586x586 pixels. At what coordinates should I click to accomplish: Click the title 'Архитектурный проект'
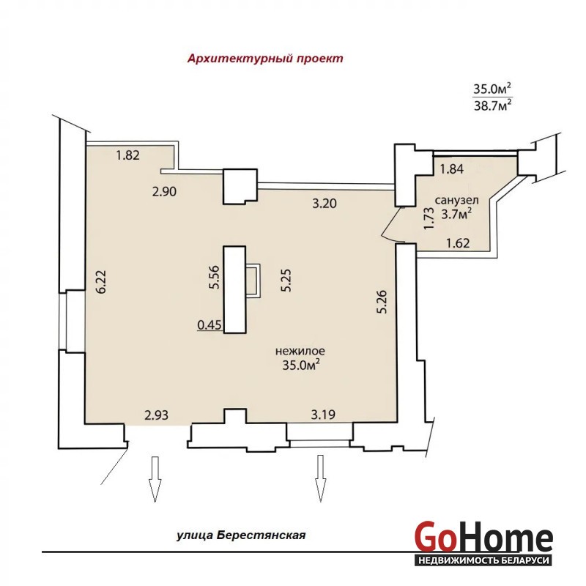265,59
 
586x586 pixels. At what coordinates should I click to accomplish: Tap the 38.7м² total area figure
492,105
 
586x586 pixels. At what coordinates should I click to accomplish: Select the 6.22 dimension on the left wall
101,281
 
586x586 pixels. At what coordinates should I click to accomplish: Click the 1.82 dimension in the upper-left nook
127,155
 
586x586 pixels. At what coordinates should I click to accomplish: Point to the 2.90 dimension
164,191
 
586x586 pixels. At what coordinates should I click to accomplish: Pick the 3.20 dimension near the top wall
324,204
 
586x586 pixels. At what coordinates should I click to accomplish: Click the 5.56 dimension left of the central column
214,277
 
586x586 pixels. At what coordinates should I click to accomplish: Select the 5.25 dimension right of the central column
286,281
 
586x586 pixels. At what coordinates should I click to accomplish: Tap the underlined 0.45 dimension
209,325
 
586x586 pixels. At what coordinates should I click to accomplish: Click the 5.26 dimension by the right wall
382,302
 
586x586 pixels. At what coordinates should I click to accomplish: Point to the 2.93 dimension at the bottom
156,415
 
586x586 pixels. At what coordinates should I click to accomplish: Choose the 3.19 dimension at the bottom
323,415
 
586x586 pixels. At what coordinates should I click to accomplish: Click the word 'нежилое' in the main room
300,352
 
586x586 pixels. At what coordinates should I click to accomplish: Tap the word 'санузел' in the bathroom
456,201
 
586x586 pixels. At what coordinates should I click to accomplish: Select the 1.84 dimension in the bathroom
451,169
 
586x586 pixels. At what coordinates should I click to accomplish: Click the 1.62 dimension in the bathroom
458,243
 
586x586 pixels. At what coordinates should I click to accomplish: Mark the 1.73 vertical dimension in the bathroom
429,218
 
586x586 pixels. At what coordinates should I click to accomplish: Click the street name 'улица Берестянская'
241,535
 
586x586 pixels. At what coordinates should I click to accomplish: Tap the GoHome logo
483,541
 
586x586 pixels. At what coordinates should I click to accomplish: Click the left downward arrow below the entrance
155,479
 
